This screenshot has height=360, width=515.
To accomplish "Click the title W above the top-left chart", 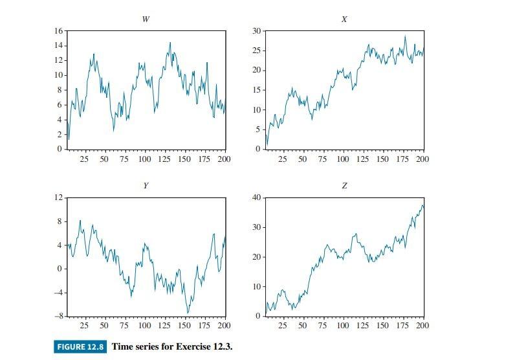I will tap(146, 19).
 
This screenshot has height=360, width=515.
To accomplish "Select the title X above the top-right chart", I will tap(344, 19).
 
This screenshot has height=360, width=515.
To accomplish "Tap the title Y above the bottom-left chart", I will tap(146, 186).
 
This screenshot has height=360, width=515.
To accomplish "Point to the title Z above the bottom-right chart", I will tap(344, 186).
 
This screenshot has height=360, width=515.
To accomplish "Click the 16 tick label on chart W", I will tap(58, 31).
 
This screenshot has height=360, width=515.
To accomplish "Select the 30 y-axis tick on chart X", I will tap(256, 31).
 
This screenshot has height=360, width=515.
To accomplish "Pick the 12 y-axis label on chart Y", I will tap(58, 197).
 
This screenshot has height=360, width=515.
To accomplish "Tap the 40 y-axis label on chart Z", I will tap(256, 197).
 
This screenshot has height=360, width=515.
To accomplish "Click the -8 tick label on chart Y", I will tap(58, 316).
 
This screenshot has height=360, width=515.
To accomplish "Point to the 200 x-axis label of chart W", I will tap(224, 159).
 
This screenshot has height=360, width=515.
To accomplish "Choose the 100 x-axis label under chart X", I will tap(342, 159).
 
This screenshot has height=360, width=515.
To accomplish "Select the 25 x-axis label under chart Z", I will tap(283, 326).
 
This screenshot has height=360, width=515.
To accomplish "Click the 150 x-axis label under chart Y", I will tap(184, 326).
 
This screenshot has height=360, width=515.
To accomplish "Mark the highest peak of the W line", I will tap(170, 43).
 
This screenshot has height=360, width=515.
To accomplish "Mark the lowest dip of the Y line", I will tap(188, 313).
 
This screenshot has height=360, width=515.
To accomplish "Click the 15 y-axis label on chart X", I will tap(256, 90).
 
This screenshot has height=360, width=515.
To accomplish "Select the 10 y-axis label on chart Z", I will tap(256, 286).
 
